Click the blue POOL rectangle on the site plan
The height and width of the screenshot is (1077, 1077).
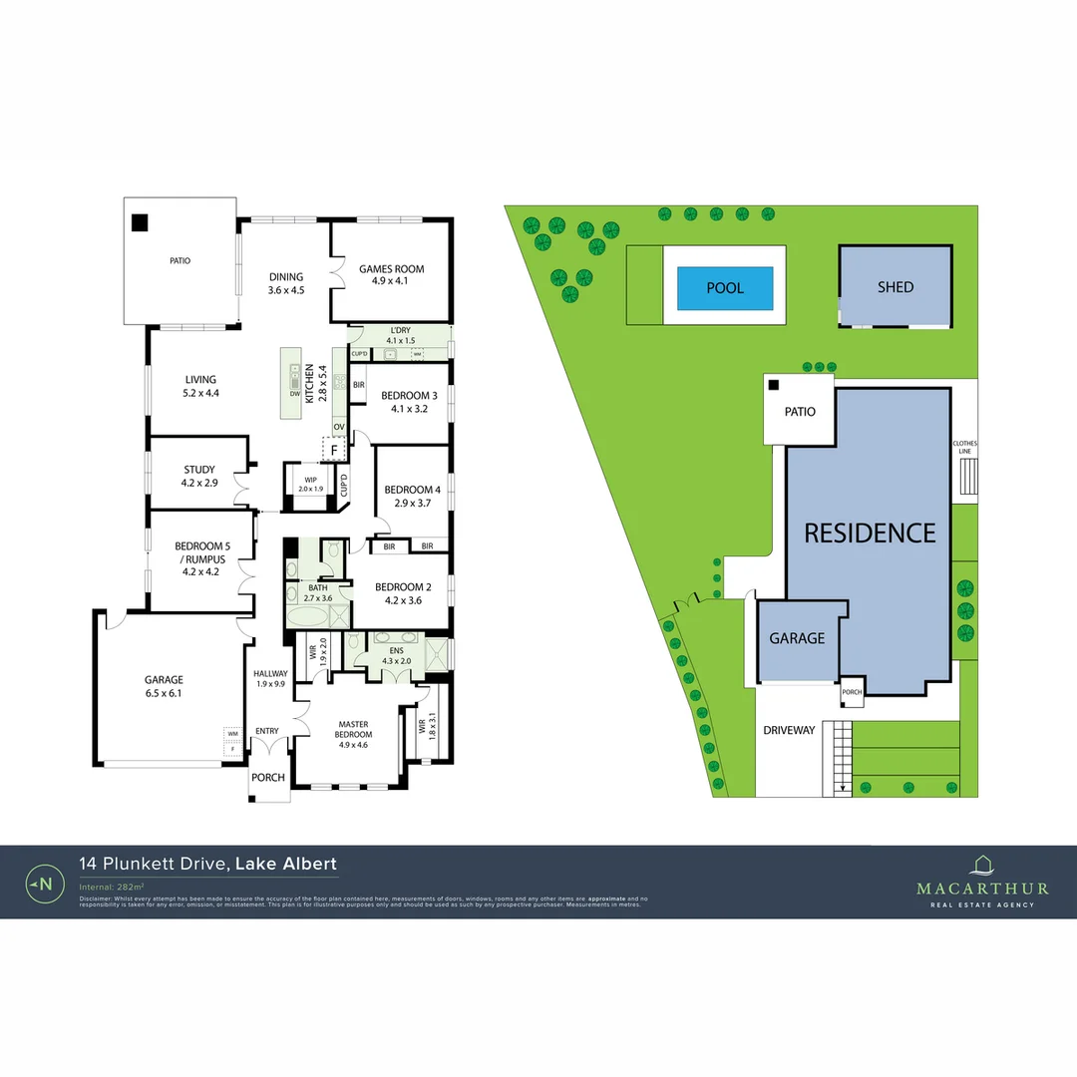725,287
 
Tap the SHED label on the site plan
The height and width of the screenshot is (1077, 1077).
895,286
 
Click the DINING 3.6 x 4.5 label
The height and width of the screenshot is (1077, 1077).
285,283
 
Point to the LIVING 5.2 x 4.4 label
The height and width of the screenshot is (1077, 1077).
200,386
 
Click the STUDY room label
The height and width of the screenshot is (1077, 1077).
199,476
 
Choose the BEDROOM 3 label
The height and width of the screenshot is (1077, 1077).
409,402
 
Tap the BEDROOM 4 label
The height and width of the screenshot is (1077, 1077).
412,496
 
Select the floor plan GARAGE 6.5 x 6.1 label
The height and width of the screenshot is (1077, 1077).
164,686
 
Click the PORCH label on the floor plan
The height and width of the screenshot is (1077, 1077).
267,778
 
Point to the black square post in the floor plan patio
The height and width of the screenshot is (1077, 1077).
141,223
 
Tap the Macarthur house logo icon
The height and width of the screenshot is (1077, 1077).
982,865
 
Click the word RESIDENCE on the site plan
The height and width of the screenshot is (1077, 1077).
870,533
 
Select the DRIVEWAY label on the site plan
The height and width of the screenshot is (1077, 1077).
788,730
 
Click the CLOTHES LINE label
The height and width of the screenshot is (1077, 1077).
964,447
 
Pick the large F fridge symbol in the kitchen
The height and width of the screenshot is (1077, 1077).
335,450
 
